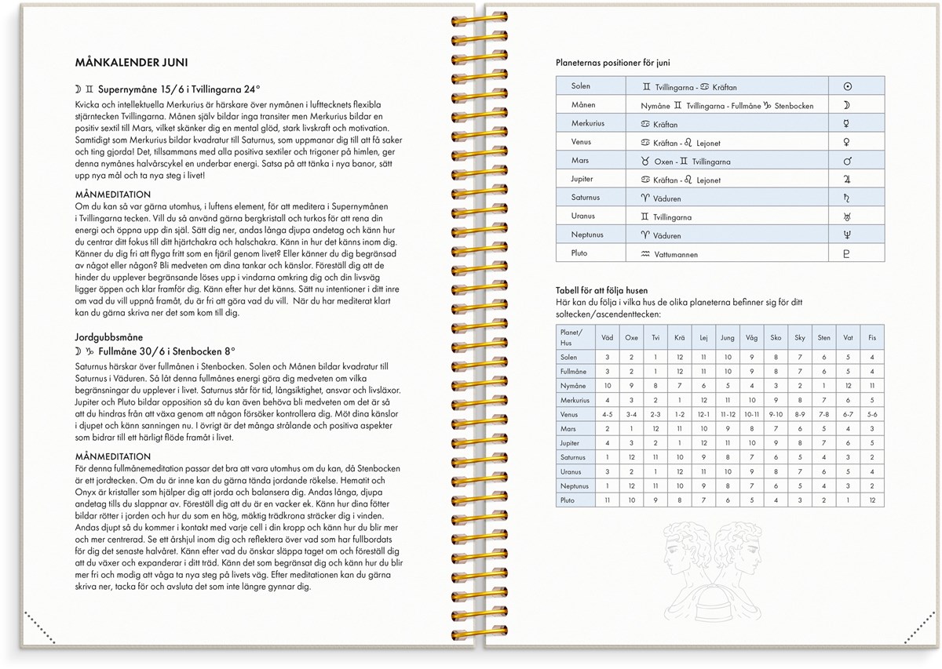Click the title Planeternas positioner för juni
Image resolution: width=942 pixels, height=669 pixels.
[x=612, y=63]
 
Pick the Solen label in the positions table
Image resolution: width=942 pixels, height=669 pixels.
[x=581, y=86]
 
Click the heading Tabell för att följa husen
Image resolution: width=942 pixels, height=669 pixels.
[x=601, y=290]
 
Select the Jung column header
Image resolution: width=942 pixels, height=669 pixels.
[x=727, y=338]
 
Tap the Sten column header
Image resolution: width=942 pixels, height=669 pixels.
[x=823, y=338]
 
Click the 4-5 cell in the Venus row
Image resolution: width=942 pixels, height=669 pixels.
[x=608, y=414]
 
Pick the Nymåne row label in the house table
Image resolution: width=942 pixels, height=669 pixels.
[x=573, y=386]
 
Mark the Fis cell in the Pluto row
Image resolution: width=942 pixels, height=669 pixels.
[x=872, y=500]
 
